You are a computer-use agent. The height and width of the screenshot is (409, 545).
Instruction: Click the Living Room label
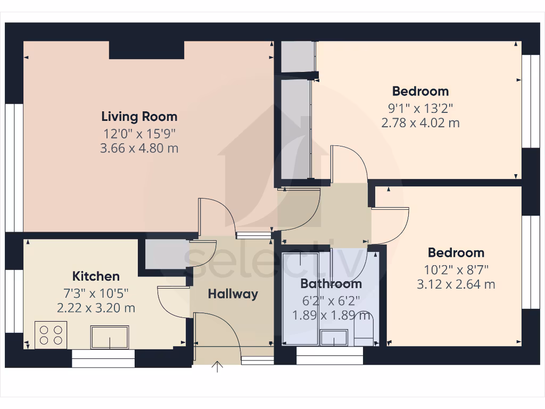click(139, 116)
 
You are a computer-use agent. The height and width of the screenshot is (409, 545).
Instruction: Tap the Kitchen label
click(96, 276)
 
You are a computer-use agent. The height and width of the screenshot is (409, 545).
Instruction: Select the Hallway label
click(233, 293)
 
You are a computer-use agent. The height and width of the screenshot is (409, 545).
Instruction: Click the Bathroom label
click(331, 284)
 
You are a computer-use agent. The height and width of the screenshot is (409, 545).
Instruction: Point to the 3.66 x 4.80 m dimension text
click(139, 148)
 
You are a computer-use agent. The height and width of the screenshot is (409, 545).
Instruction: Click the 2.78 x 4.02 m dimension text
click(420, 122)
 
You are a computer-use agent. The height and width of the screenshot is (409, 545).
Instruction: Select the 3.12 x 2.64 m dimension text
click(456, 284)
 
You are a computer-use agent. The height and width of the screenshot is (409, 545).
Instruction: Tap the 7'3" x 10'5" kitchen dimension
click(96, 292)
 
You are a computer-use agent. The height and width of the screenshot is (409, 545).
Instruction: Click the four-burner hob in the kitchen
click(51, 334)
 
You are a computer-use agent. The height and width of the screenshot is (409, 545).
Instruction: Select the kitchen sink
click(110, 337)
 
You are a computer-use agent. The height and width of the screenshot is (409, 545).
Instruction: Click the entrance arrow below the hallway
click(217, 367)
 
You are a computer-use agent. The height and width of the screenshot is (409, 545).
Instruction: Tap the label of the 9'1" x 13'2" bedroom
click(420, 91)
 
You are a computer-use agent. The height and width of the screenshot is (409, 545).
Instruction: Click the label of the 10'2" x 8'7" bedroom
click(456, 252)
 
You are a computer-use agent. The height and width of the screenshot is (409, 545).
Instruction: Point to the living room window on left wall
click(14, 168)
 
